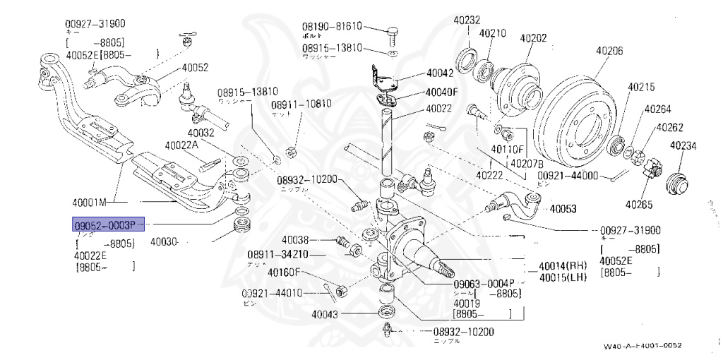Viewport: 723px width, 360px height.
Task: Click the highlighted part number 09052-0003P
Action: [x=109, y=224]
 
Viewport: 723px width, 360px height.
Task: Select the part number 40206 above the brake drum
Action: [x=609, y=51]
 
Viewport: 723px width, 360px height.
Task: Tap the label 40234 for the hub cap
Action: [x=683, y=146]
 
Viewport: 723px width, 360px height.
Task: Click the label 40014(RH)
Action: [x=563, y=266]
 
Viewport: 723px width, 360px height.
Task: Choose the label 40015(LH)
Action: [x=563, y=276]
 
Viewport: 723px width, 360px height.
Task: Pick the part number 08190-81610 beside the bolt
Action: [x=332, y=26]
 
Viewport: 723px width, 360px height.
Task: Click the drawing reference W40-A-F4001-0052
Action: [x=643, y=346]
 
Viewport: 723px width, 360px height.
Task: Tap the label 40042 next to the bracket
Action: [x=440, y=73]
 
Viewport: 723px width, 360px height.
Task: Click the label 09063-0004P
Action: [x=484, y=284]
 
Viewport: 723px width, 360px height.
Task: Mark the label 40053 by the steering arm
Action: [x=563, y=209]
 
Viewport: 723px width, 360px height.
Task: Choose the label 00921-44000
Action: [x=568, y=176]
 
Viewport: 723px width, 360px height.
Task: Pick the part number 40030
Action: [x=165, y=241]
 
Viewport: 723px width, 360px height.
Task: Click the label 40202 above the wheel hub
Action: [x=534, y=38]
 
